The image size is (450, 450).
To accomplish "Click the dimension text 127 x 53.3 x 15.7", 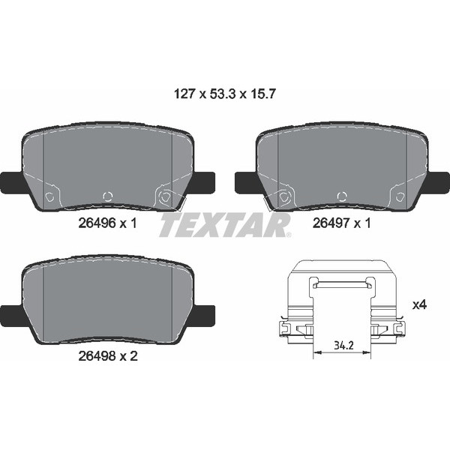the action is pos(225,94).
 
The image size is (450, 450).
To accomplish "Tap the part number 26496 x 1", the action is pos(107,223).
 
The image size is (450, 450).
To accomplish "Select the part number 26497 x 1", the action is pos(342,223).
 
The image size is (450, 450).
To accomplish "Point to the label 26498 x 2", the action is pos(108,356).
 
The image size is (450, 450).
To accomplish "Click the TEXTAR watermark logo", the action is pos(225,225).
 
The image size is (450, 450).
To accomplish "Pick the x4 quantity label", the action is pos(419,304).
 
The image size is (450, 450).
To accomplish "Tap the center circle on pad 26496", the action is pos(108,196).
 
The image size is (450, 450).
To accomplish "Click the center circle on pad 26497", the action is pos(342,196).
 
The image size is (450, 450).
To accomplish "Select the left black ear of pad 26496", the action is pos(13,183).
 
